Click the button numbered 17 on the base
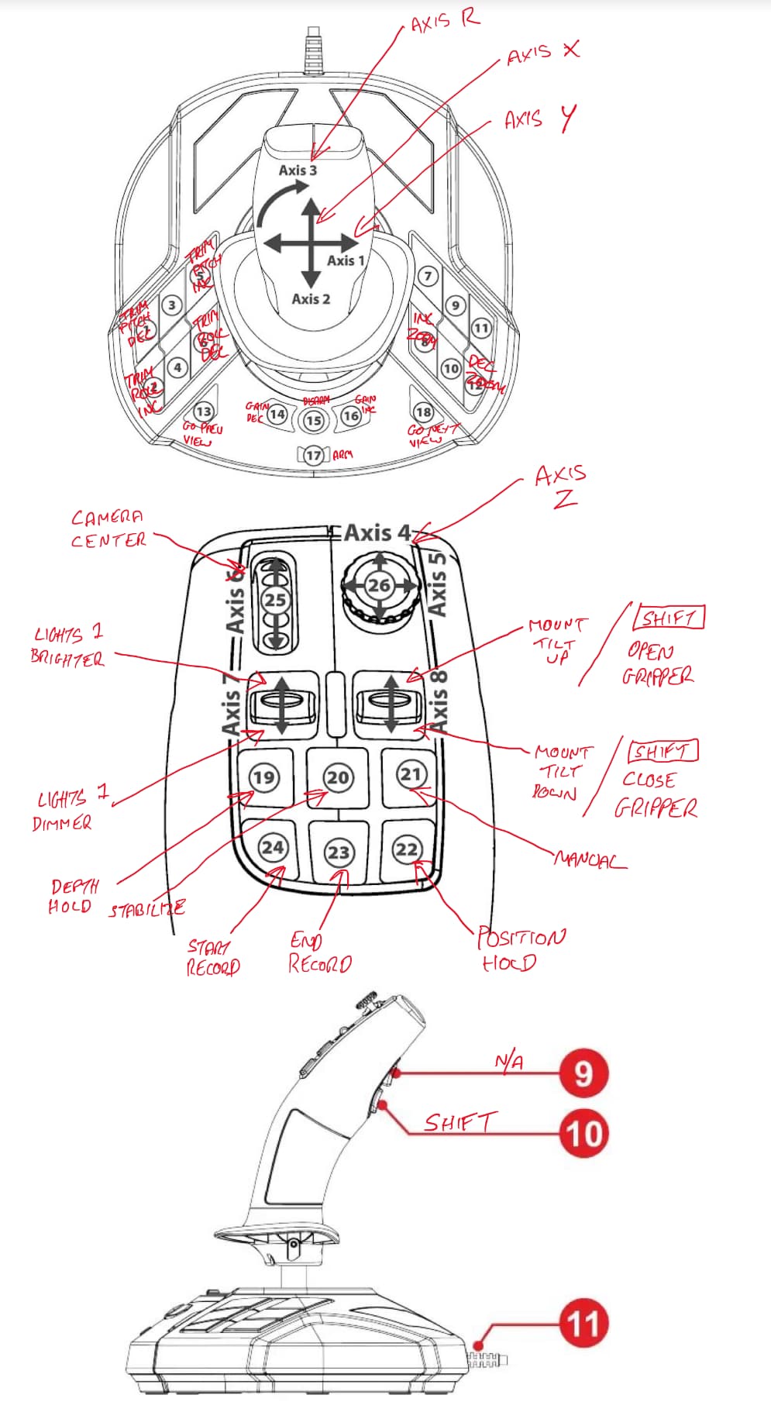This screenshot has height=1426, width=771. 313,455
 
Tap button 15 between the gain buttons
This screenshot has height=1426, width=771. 313,420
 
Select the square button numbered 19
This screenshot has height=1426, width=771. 263,777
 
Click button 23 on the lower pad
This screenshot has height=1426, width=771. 338,852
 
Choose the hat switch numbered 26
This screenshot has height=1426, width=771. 379,585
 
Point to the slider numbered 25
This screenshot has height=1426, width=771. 275,599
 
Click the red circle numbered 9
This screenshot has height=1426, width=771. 583,1073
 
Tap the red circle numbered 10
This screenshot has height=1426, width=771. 583,1133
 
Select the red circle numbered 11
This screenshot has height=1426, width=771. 583,1324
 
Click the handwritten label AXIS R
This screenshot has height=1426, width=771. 445,21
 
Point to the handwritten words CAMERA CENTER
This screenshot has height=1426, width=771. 108,529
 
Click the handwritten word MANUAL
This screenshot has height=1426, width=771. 590,860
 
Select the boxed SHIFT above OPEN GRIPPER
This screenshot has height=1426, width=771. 668,618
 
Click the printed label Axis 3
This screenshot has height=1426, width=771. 298,170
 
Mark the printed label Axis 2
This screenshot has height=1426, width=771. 311,298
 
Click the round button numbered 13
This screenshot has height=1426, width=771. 203,412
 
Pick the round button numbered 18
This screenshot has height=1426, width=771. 423,412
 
